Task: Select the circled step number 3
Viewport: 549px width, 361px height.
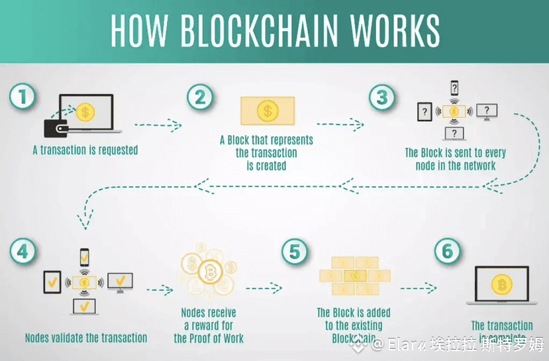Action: pyautogui.click(x=381, y=98)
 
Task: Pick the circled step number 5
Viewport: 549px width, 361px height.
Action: pyautogui.click(x=295, y=252)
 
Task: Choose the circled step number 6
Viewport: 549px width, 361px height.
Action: pyautogui.click(x=447, y=252)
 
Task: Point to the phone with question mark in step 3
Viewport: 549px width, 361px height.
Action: pyautogui.click(x=454, y=87)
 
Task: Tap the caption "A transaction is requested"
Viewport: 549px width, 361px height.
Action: pyautogui.click(x=85, y=150)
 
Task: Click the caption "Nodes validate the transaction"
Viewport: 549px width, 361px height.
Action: pyautogui.click(x=86, y=338)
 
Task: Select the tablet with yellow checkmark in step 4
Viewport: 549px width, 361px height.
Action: pyautogui.click(x=52, y=283)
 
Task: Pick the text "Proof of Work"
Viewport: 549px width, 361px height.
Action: pyautogui.click(x=209, y=338)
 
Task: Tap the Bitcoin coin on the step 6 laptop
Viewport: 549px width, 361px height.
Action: pyautogui.click(x=501, y=285)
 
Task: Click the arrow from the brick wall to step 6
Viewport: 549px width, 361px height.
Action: pyautogui.click(x=419, y=288)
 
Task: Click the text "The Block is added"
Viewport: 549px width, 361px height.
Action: pyautogui.click(x=354, y=312)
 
